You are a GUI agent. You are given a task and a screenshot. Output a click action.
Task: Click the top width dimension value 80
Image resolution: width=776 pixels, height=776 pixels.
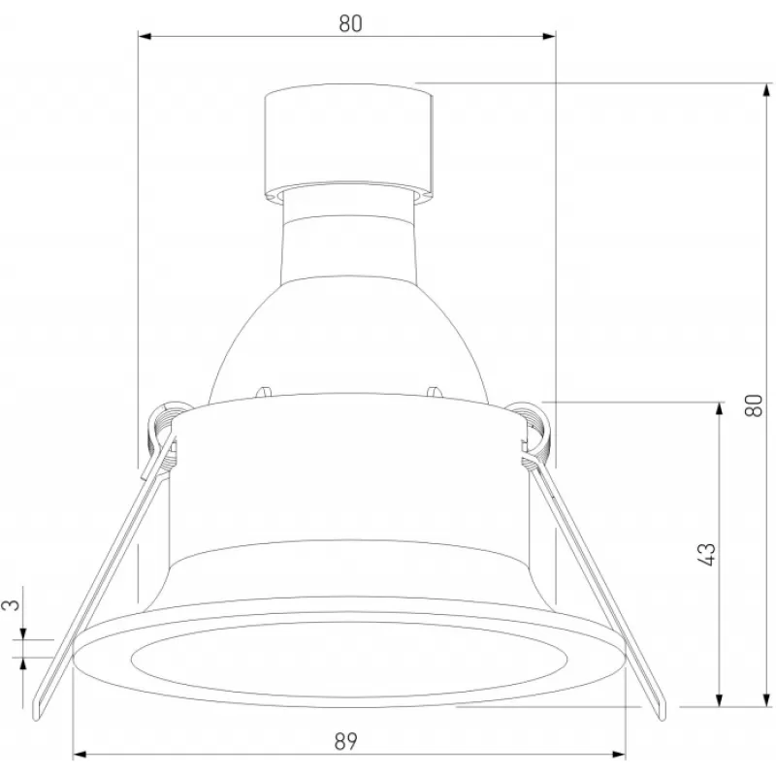pos(350,23)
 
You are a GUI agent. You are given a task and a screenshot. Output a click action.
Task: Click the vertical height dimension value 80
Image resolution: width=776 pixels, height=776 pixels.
pos(754,405)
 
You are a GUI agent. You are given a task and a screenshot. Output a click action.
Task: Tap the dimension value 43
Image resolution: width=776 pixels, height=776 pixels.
pos(706,554)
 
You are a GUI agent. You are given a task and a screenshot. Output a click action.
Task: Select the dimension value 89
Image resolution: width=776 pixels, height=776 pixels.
pos(345,741)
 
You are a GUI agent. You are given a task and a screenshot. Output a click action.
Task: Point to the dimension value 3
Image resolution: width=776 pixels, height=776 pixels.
pos(14,603)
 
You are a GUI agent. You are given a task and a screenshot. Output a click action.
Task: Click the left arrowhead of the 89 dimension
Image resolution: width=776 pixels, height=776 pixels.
pos(80,755)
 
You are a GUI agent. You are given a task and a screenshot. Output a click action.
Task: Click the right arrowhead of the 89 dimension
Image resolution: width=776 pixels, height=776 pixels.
pos(619,755)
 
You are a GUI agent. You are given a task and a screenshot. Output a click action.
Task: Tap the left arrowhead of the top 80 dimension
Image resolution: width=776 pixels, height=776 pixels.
pos(145,36)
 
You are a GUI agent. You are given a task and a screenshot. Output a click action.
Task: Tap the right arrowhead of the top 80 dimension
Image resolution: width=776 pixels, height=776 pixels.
pos(549,36)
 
